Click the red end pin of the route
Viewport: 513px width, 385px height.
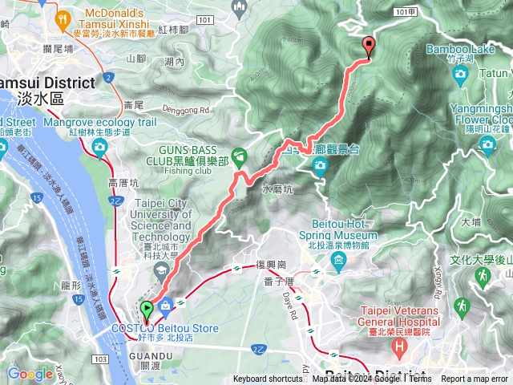coord(369,47)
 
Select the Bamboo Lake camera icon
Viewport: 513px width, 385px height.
coord(459,75)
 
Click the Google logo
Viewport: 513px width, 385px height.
coord(30,374)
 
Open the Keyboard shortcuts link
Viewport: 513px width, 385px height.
coord(268,379)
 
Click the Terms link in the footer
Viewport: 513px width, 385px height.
coord(420,379)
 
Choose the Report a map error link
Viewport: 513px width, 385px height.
coord(475,379)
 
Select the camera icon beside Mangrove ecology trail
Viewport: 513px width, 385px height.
coord(99,146)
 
